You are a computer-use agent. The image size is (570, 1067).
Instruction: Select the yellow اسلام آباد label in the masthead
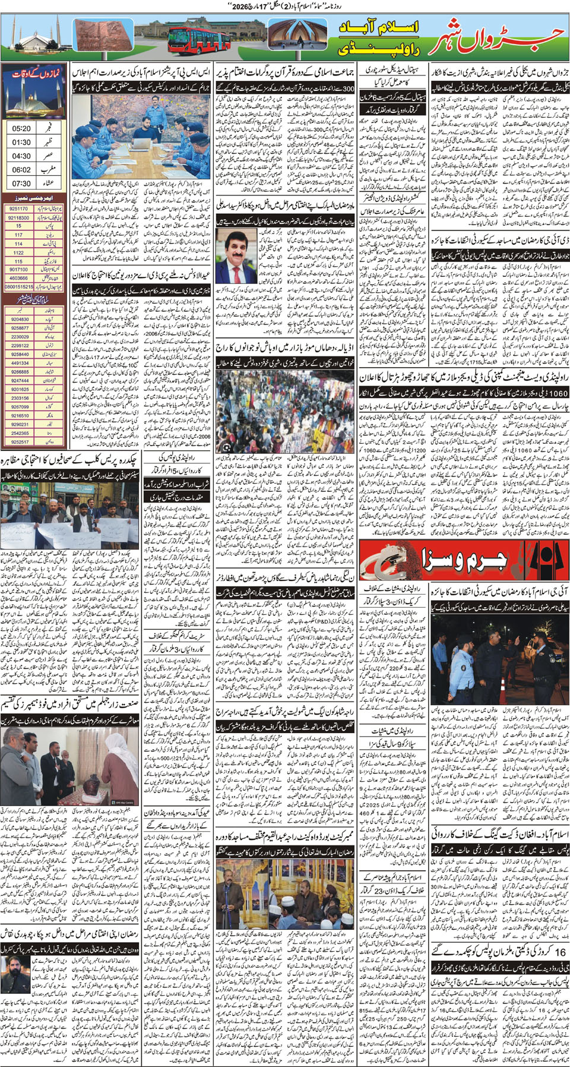point(380,27)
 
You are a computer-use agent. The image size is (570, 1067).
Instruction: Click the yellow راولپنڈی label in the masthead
point(380,49)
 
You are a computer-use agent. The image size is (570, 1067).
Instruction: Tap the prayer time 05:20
point(21,128)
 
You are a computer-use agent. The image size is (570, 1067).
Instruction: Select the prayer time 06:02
point(21,170)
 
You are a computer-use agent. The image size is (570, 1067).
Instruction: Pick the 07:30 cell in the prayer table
point(21,184)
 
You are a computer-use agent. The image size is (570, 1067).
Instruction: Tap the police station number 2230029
point(20,336)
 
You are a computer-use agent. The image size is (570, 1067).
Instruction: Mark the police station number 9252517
point(20,441)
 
